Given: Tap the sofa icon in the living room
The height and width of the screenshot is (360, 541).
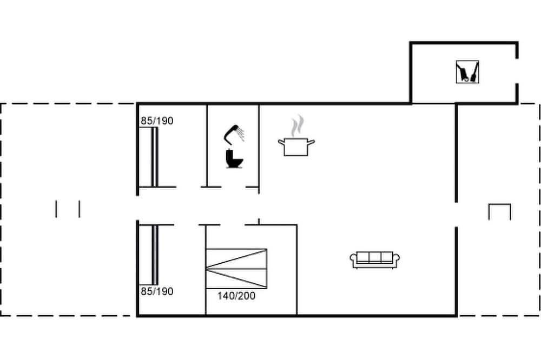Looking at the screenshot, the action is (x=375, y=259).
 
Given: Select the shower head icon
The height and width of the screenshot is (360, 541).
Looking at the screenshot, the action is (x=234, y=134).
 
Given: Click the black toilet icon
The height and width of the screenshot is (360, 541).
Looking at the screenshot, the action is (x=234, y=158).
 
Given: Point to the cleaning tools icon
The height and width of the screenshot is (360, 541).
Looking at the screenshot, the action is (x=467, y=72).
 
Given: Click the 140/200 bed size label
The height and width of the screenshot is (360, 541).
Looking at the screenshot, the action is (x=236, y=296).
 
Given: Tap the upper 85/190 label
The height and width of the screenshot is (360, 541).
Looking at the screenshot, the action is (x=157, y=121).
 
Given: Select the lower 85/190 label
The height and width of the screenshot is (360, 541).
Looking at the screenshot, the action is (x=157, y=291).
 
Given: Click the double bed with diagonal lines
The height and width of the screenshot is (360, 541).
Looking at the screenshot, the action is (x=236, y=269).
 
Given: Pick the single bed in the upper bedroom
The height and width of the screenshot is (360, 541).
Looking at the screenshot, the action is (x=149, y=157).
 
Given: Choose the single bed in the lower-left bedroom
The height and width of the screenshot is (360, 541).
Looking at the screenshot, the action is (x=149, y=255).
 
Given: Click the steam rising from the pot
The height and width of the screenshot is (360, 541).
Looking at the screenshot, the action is (x=298, y=126).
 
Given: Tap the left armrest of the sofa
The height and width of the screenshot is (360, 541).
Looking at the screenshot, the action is (x=353, y=259).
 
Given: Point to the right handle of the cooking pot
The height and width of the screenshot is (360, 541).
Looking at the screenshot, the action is (x=311, y=142).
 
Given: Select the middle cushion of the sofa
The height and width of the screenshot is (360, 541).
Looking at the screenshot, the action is (x=375, y=257).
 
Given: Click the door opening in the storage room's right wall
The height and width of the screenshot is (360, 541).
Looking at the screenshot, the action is (x=517, y=71).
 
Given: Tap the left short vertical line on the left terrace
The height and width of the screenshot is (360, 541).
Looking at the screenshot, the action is (x=56, y=209).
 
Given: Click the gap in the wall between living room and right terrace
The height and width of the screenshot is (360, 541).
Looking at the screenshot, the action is (x=457, y=215).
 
